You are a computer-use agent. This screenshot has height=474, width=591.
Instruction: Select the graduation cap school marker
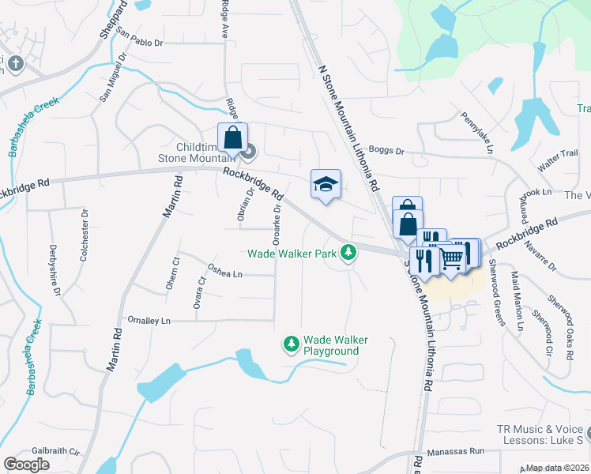[x=326, y=185]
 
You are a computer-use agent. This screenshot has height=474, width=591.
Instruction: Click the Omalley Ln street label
[x=149, y=321]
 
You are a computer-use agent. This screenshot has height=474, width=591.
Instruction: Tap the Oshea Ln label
[x=224, y=274]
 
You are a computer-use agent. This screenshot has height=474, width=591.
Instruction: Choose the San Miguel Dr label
[x=113, y=77]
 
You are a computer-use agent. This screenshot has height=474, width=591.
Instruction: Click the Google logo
[x=27, y=465]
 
